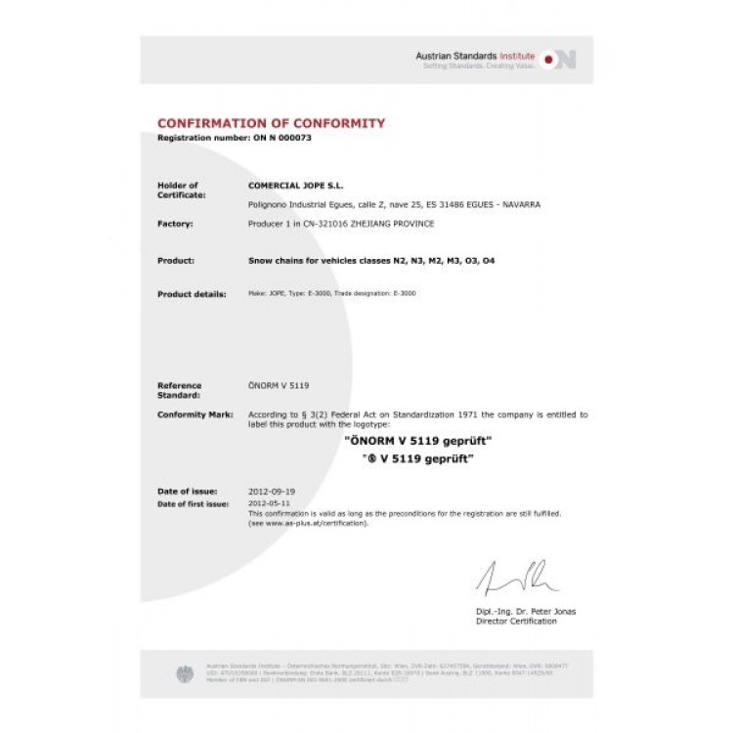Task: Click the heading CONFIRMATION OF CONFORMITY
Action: click(x=271, y=123)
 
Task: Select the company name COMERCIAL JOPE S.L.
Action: click(x=296, y=185)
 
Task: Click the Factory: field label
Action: click(x=175, y=224)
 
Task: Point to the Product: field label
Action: click(x=175, y=261)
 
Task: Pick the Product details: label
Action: click(x=192, y=293)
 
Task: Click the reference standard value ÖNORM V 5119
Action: click(x=280, y=386)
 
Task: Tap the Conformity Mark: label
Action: click(x=194, y=414)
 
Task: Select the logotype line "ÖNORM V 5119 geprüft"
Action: click(x=419, y=442)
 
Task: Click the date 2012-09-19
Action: click(x=270, y=490)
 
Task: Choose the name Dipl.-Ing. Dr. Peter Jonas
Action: click(x=526, y=612)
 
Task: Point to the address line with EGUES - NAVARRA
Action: click(x=395, y=204)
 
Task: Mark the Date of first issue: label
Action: click(x=193, y=504)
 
